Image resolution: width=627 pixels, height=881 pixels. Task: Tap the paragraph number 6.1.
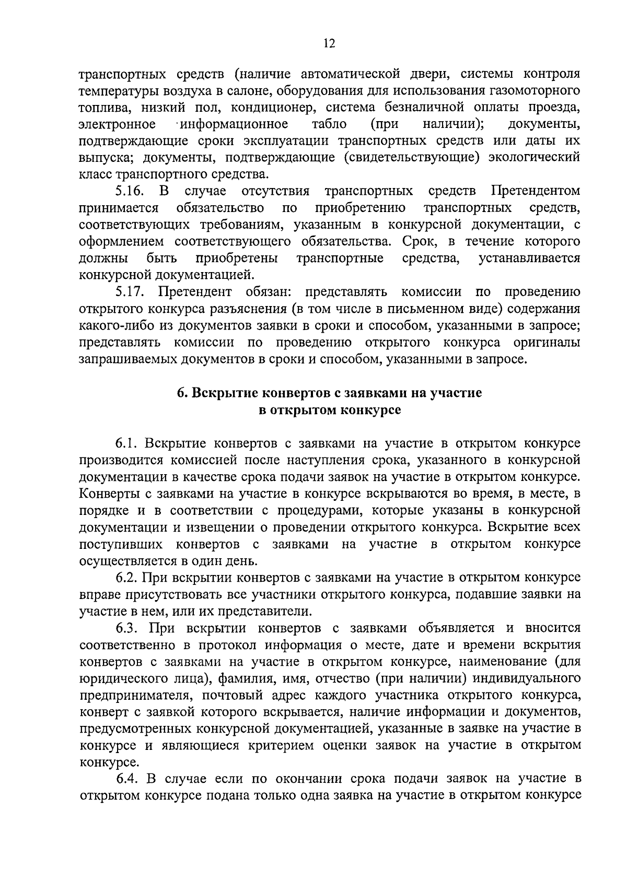126,443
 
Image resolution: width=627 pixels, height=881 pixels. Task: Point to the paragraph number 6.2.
126,578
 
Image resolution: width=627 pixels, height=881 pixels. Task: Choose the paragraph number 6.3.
126,628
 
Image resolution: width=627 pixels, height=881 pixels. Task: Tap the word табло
329,124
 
